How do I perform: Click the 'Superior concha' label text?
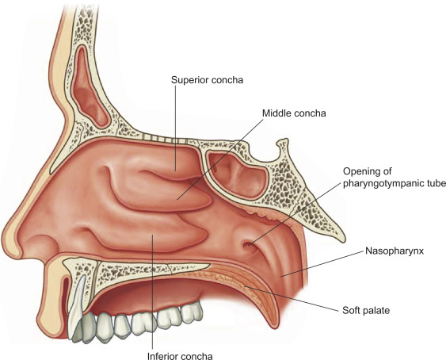click(207, 80)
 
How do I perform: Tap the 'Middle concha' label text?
click(294, 113)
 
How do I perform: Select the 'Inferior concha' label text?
click(180, 356)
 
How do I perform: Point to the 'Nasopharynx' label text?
click(395, 251)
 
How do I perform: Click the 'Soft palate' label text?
click(366, 310)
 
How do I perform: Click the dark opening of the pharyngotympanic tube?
click(247, 245)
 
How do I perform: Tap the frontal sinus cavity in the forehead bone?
click(89, 87)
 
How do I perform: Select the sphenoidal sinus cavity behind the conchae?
click(237, 174)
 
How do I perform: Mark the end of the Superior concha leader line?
click(176, 170)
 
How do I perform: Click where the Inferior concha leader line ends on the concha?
click(153, 235)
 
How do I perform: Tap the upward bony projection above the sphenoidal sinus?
click(282, 147)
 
